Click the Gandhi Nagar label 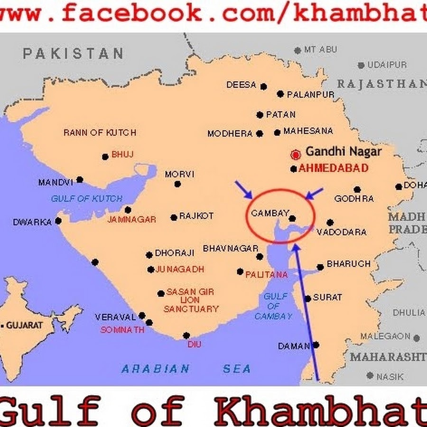[343, 152]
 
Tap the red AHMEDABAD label [333, 168]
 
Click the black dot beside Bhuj [105, 157]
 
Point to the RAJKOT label [196, 216]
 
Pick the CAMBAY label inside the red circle [270, 213]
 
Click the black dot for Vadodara [330, 222]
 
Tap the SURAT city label [327, 297]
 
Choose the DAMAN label [294, 346]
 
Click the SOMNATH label [122, 330]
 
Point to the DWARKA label [32, 222]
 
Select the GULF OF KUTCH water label [87, 199]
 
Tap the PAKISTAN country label [73, 54]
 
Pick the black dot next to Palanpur [280, 94]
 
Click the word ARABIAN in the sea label [156, 369]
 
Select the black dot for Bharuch [320, 267]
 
